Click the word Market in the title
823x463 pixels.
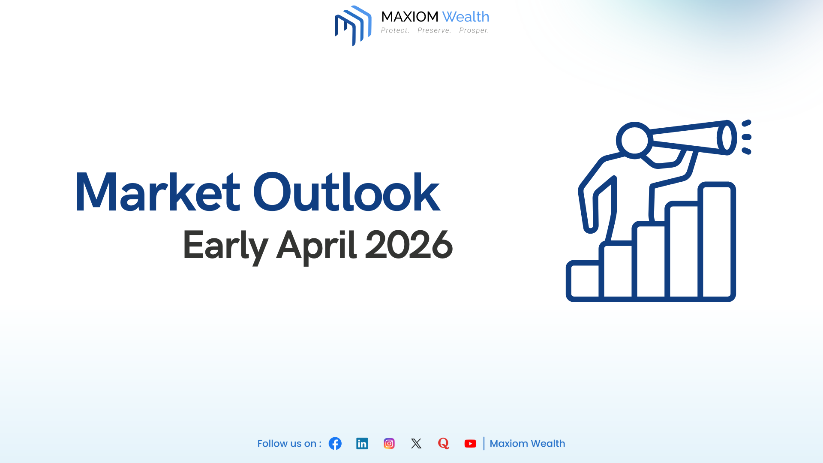click(x=157, y=192)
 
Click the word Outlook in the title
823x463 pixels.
click(x=346, y=192)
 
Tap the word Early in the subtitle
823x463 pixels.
click(x=225, y=246)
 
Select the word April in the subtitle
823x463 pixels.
click(x=316, y=246)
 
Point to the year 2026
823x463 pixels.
click(x=408, y=245)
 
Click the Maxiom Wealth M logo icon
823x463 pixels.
click(x=353, y=26)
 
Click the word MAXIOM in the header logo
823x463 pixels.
click(x=409, y=17)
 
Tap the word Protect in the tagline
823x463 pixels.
click(x=395, y=30)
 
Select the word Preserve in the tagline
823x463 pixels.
click(x=434, y=30)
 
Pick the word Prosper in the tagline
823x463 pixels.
click(x=474, y=30)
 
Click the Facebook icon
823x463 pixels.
click(x=335, y=443)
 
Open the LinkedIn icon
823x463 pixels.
click(x=362, y=443)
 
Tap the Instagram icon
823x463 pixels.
click(x=389, y=443)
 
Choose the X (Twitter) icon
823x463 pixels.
click(x=416, y=443)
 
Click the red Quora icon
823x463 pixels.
click(x=443, y=443)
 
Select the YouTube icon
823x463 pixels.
click(x=470, y=443)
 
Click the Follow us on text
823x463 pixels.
click(x=289, y=444)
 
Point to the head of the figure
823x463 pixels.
click(x=634, y=140)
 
